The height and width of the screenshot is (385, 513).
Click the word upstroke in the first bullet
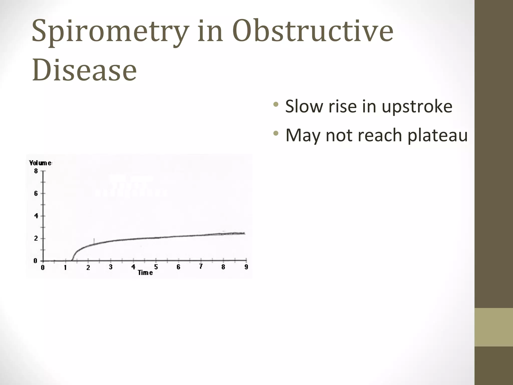tap(417, 107)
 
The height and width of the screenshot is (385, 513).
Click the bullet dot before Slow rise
tap(276, 104)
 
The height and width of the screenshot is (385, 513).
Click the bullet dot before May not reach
tap(276, 133)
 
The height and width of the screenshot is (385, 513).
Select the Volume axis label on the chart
tap(40, 163)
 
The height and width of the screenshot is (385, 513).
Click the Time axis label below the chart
tap(145, 273)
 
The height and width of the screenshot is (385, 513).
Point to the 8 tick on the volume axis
tap(36, 171)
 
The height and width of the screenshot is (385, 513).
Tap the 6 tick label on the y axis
tap(36, 193)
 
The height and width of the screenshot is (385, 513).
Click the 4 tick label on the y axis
tap(36, 216)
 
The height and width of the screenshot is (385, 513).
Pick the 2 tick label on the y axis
tap(36, 238)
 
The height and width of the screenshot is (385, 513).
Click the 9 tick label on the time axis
tap(246, 267)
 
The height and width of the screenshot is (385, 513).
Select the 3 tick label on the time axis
tap(110, 267)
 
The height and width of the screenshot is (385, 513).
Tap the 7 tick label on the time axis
tap(201, 267)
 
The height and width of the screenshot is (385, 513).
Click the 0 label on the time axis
tap(43, 267)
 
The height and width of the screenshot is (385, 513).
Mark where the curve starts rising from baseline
tap(72, 260)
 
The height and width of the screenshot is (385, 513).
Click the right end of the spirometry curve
tap(244, 233)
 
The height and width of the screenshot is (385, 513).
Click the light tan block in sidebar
tap(493, 327)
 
